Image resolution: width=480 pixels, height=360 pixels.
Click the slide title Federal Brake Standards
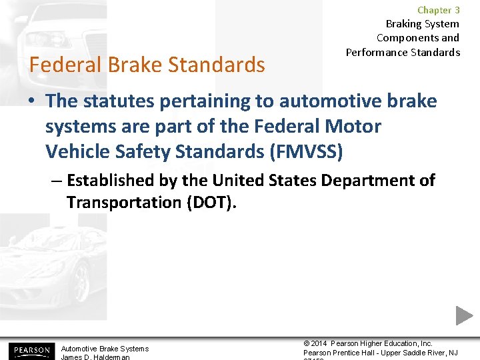pos(147,65)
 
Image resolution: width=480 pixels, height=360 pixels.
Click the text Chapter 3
pos(438,10)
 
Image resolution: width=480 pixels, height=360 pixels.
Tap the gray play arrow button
pos(464,315)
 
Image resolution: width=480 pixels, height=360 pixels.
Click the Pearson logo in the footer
pos(30,351)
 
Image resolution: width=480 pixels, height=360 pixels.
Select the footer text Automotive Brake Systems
pos(105,349)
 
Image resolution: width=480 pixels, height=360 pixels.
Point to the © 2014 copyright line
pos(368,343)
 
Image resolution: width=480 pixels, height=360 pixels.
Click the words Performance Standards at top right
pos(403,52)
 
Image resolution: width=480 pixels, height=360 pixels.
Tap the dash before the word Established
pos(58,181)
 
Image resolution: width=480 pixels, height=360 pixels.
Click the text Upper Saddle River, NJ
pos(422,353)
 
